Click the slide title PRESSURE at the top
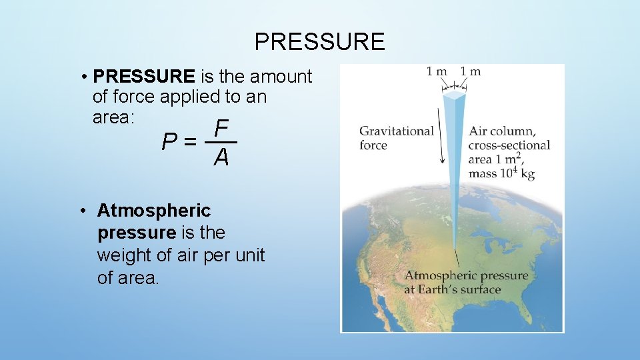319,42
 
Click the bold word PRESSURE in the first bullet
145,77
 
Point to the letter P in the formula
170,142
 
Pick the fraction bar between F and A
221,142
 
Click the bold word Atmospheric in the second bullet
153,211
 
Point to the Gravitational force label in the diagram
396,138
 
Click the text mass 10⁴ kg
501,173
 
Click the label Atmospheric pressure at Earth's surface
465,283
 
